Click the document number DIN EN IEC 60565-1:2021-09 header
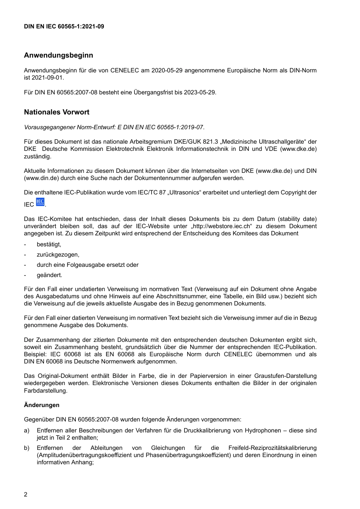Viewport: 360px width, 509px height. tap(64, 27)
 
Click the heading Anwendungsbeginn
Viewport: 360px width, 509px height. tap(58, 55)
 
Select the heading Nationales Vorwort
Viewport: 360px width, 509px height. tap(56, 112)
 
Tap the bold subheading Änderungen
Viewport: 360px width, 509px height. tap(42, 405)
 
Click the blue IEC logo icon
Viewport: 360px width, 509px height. tap(40, 202)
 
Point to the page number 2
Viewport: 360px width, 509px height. tap(26, 495)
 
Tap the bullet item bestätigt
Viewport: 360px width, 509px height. tap(49, 244)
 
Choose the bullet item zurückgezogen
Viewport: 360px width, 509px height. tap(58, 255)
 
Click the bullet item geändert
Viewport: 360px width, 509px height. tap(49, 275)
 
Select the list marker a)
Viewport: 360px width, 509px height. tap(27, 431)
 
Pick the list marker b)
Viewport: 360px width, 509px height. tap(27, 448)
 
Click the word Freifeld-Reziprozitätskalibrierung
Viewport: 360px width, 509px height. tap(272, 448)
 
